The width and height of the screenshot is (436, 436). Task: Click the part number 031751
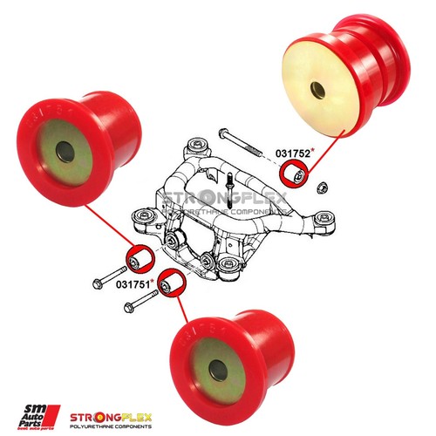click(133, 283)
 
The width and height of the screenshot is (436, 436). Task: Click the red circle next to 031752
click(299, 177)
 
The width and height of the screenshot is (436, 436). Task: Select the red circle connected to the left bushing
click(137, 258)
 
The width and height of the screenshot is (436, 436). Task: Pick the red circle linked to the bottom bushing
click(173, 284)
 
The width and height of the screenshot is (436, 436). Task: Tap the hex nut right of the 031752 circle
click(319, 186)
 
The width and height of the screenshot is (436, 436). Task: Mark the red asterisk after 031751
click(153, 281)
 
